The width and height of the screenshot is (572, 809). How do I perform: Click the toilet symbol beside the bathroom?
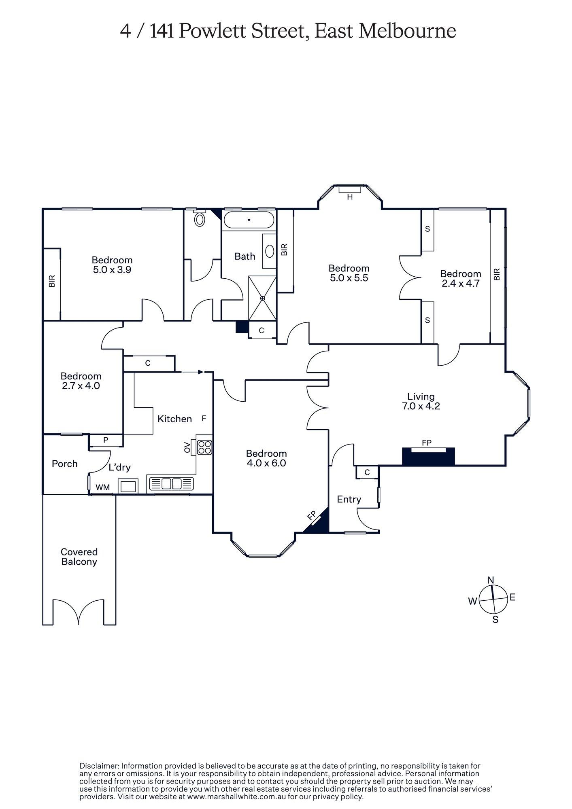tap(200, 219)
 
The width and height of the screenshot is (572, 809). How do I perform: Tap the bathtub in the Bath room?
tap(249, 220)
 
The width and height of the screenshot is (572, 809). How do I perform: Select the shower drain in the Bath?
tap(262, 298)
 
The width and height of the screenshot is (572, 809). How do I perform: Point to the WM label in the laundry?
tap(103, 487)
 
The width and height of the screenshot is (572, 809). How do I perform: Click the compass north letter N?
tap(491, 580)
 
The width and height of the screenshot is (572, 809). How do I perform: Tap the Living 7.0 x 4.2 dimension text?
tap(421, 406)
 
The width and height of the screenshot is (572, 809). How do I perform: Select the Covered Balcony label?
tap(79, 557)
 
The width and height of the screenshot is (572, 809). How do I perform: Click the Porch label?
tap(65, 464)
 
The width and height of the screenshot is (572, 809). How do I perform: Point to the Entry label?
tap(349, 499)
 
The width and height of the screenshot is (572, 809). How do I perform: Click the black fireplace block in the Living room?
tap(428, 457)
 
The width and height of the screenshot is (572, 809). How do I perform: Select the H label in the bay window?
tap(350, 197)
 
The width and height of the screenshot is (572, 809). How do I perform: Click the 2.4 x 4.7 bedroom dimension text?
tap(461, 284)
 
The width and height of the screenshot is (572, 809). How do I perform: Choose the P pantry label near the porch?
tap(106, 440)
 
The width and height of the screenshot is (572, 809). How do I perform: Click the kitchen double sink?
tap(172, 483)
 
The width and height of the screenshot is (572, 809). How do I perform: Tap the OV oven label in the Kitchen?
tap(187, 447)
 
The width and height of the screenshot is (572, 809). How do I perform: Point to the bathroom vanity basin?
tap(269, 251)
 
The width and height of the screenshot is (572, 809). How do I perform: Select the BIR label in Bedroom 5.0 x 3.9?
tap(52, 281)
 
